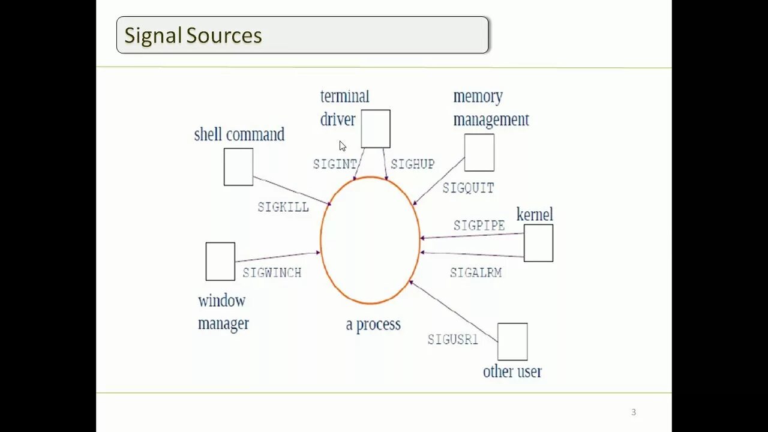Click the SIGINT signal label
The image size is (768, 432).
[x=335, y=164]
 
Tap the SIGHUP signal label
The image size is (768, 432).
[x=413, y=164]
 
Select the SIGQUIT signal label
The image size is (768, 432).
[x=468, y=188]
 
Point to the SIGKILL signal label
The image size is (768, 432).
[x=283, y=207]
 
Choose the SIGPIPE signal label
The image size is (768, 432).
[x=479, y=226]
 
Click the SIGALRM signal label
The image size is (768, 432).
[x=476, y=273]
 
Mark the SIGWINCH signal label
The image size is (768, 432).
[x=272, y=273]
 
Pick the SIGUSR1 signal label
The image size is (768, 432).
[x=453, y=340]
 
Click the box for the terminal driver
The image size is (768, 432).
[x=376, y=128]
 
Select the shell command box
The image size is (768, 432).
[x=238, y=167]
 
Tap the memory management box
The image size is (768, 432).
[x=479, y=152]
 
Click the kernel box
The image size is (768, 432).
[x=538, y=243]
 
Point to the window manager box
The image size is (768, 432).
[x=220, y=262]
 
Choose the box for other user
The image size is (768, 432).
[x=512, y=342]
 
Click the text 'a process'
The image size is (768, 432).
[x=373, y=325]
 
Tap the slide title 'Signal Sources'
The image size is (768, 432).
[x=193, y=35]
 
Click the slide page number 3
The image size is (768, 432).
[x=634, y=412]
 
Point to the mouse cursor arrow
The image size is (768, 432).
[x=341, y=145]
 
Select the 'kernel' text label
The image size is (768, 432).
[x=535, y=215]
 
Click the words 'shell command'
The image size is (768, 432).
[x=239, y=134]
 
